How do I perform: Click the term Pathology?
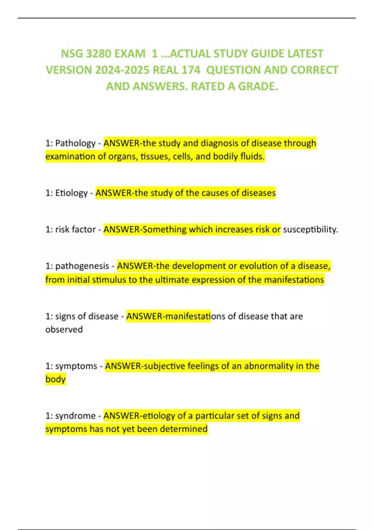coord(75,143)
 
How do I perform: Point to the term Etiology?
coord(71,193)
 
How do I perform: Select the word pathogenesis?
coord(82,266)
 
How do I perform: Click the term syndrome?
coord(75,416)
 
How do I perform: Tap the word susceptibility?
coord(310,229)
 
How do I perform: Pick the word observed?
coord(64,330)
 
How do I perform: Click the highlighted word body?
coord(55,379)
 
